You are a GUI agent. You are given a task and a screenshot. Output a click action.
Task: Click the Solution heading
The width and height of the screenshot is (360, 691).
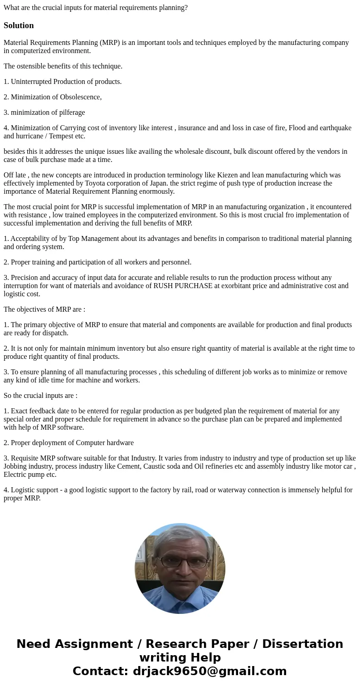click(x=19, y=25)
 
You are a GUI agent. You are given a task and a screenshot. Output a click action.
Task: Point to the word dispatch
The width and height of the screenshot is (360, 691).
click(x=57, y=333)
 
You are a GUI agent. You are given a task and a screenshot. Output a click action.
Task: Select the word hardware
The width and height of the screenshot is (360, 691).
click(x=119, y=443)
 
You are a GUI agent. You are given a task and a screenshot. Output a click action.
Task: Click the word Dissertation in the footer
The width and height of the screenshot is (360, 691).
click(x=302, y=644)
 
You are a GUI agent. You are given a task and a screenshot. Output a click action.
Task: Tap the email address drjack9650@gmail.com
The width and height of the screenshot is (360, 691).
click(x=209, y=671)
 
